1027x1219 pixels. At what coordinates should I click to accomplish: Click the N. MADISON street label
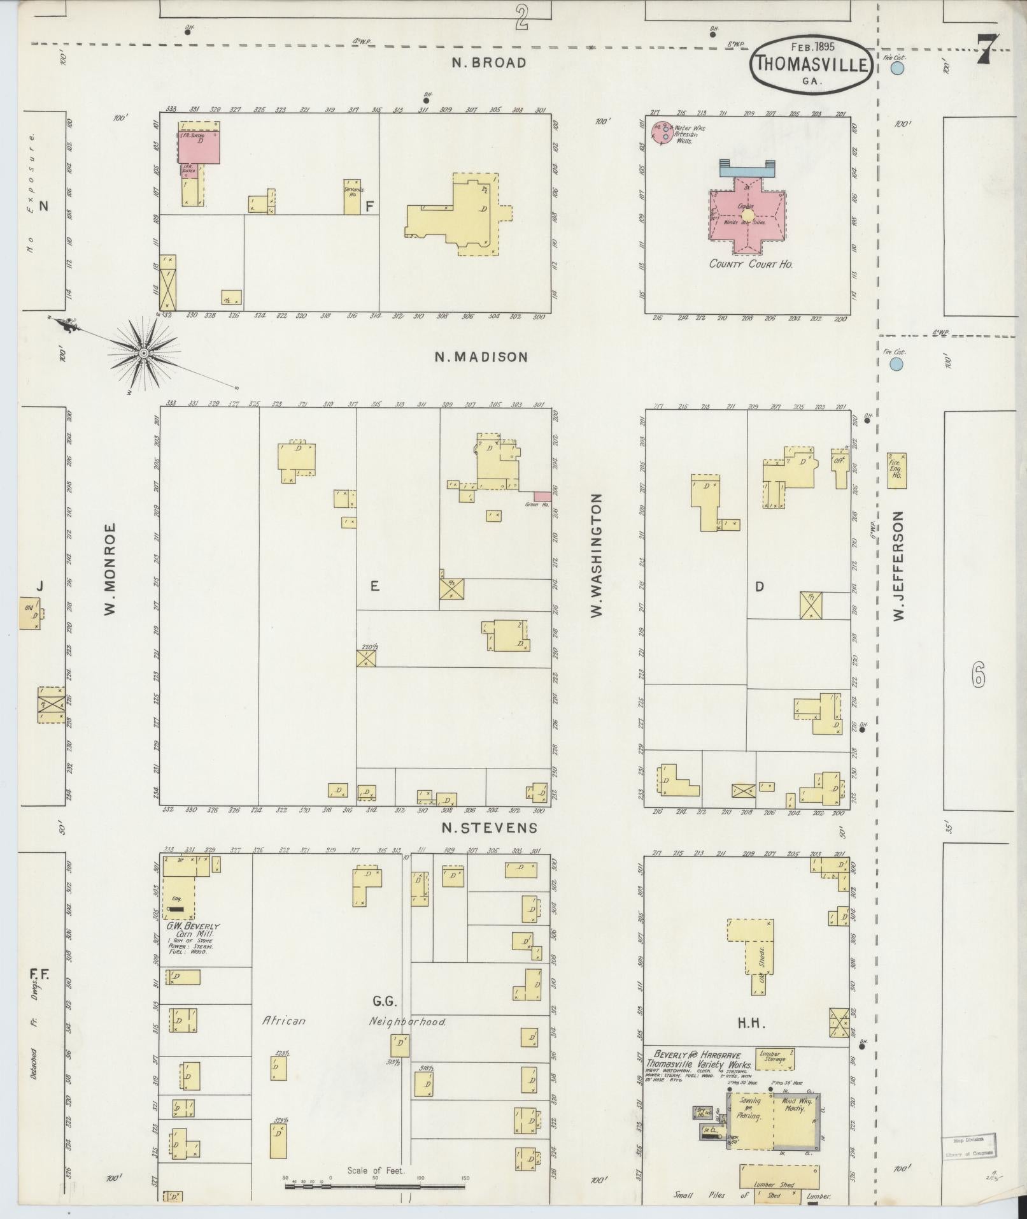pos(481,357)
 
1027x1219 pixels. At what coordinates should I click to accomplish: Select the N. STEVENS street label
pos(490,828)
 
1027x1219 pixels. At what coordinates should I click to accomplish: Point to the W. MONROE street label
pos(110,569)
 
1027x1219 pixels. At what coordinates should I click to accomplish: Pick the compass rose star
pos(144,352)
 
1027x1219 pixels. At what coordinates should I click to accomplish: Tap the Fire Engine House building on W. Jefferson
pos(896,471)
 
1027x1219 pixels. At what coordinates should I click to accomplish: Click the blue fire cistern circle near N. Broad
pos(897,68)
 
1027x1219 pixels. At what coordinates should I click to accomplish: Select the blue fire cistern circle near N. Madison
pos(896,364)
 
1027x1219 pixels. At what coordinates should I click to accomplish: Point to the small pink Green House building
pos(542,496)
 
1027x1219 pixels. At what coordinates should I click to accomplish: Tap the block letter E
pos(375,586)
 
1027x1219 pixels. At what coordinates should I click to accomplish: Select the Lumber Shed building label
pos(774,1185)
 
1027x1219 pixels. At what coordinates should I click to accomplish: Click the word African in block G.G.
pos(284,1021)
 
